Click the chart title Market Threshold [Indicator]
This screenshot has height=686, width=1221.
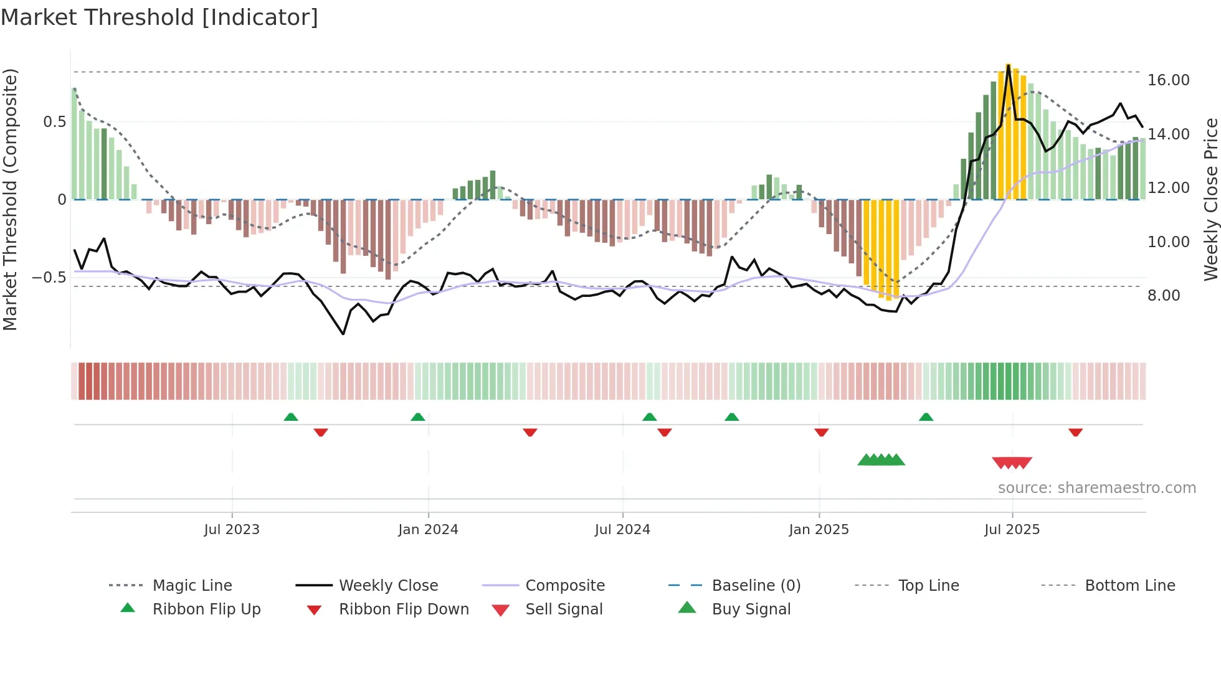pos(159,17)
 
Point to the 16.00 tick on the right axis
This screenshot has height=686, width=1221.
pos(1168,80)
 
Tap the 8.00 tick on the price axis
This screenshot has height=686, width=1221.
pos(1164,296)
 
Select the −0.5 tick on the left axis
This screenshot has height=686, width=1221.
pos(49,278)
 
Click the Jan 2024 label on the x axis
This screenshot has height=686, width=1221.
pos(428,530)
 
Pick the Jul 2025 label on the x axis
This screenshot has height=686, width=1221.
pos(1012,530)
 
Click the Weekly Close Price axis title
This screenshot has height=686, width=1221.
pos(1210,199)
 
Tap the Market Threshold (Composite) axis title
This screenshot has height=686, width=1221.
pos(10,199)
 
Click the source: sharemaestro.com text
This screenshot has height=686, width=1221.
pos(1096,488)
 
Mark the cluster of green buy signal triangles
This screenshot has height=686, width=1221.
pos(881,460)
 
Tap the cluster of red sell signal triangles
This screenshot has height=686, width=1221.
pos(1012,463)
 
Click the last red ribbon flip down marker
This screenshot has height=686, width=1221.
pos(1075,432)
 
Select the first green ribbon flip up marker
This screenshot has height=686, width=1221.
pos(291,417)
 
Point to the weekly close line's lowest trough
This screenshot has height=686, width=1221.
pos(343,334)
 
